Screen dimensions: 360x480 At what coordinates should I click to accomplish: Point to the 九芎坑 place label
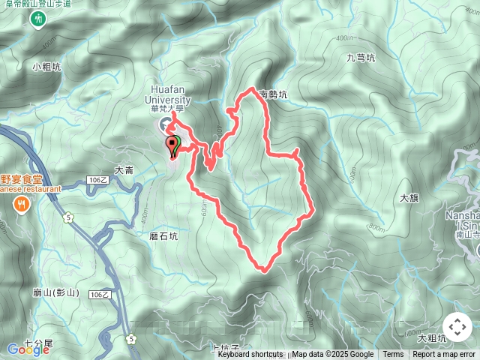point(361,57)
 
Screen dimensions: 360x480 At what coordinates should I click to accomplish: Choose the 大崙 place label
point(124,170)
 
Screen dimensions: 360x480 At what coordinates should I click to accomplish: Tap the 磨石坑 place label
point(164,235)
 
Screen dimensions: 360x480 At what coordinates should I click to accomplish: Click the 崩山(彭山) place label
point(55,292)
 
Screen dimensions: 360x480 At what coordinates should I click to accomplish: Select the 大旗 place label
point(409,199)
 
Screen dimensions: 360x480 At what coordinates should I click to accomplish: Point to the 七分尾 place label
point(38,343)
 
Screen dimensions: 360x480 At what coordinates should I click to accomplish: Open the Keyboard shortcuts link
point(250,355)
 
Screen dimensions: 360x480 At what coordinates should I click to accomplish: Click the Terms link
point(393,355)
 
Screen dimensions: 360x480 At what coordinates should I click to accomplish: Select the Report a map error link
point(444,355)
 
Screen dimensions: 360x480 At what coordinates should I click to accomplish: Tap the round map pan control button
point(457,328)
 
